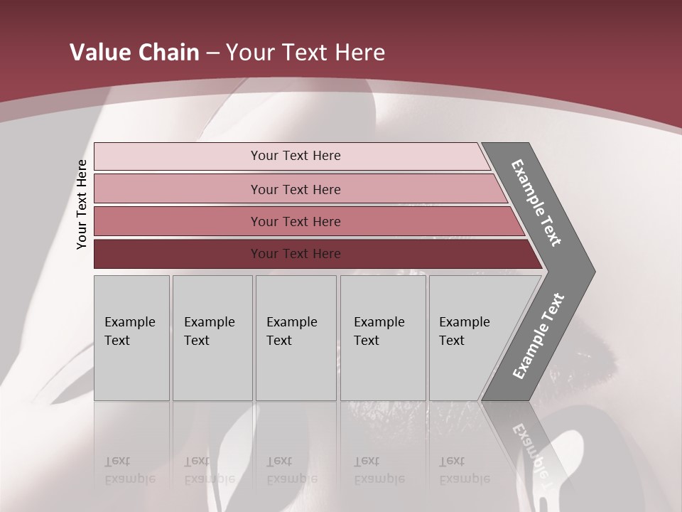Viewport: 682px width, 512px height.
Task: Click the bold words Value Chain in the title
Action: (x=134, y=53)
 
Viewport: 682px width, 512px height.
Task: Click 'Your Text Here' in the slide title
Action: (x=305, y=53)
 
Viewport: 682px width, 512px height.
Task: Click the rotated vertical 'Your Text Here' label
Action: (x=82, y=204)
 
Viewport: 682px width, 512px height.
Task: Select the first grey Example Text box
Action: (x=131, y=338)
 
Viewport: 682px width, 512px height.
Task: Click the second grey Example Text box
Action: (x=212, y=338)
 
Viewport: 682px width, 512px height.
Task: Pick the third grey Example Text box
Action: (x=296, y=338)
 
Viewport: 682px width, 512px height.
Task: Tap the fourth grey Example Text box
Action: (x=383, y=338)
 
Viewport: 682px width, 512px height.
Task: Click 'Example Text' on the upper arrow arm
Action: (x=536, y=203)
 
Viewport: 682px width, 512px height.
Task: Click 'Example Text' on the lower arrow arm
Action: (x=538, y=336)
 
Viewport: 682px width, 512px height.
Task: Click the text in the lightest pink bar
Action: (x=296, y=156)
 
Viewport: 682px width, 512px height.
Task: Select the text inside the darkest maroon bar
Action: (x=296, y=254)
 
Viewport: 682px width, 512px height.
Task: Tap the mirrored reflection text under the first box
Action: (x=130, y=470)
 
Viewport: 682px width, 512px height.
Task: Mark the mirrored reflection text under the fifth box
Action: (x=465, y=470)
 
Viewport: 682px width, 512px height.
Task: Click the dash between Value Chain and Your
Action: (x=212, y=53)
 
